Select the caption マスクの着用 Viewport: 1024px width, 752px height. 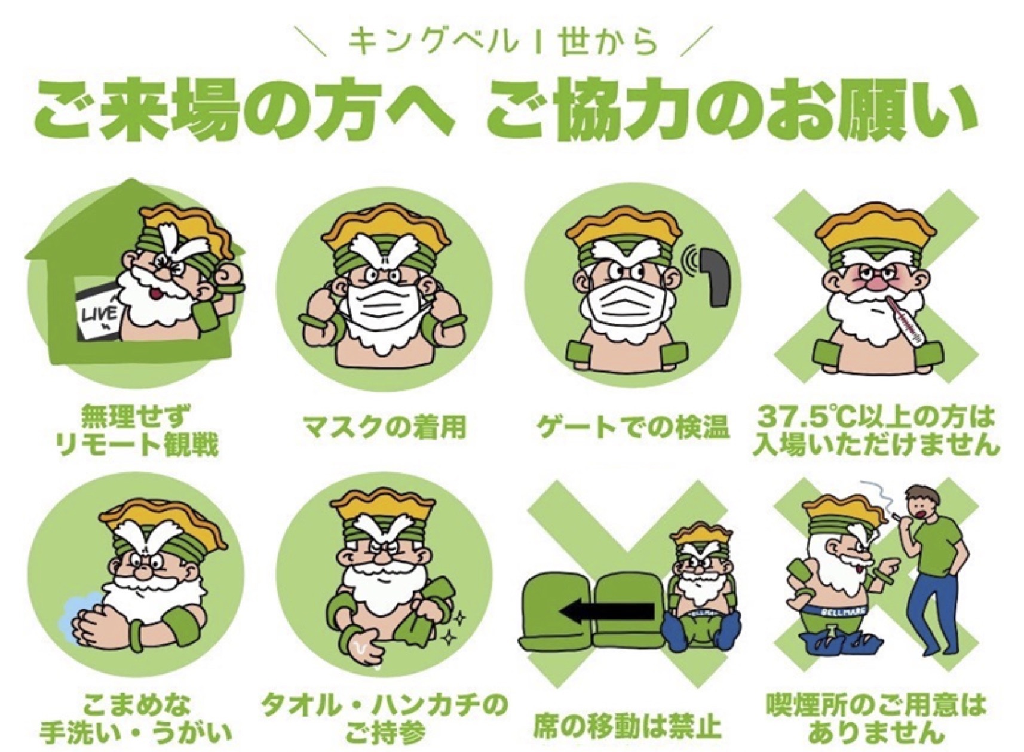coord(385,428)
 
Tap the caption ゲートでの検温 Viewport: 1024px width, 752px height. coord(633,428)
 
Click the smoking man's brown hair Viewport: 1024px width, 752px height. coord(920,496)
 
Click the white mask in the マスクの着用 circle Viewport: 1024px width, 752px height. coord(385,307)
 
